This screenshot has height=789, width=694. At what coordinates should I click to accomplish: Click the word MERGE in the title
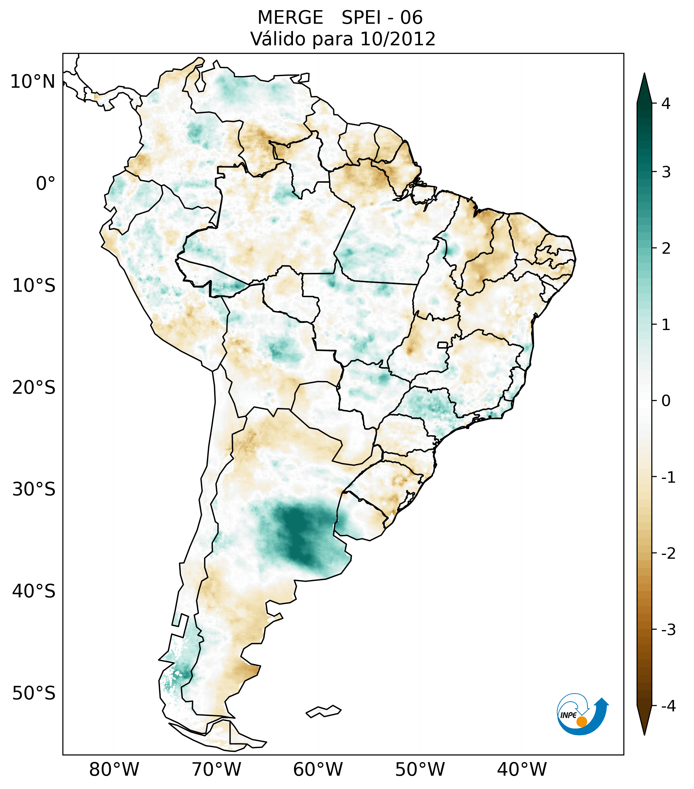(x=290, y=18)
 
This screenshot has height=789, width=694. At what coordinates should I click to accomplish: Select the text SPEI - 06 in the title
(x=382, y=18)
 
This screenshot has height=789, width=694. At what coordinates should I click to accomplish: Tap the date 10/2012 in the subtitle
(x=398, y=39)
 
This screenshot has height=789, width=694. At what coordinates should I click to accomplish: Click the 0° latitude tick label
(x=46, y=184)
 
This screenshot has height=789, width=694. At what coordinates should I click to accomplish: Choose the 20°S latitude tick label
(x=34, y=388)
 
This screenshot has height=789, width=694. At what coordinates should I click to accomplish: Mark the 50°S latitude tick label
(x=34, y=694)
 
